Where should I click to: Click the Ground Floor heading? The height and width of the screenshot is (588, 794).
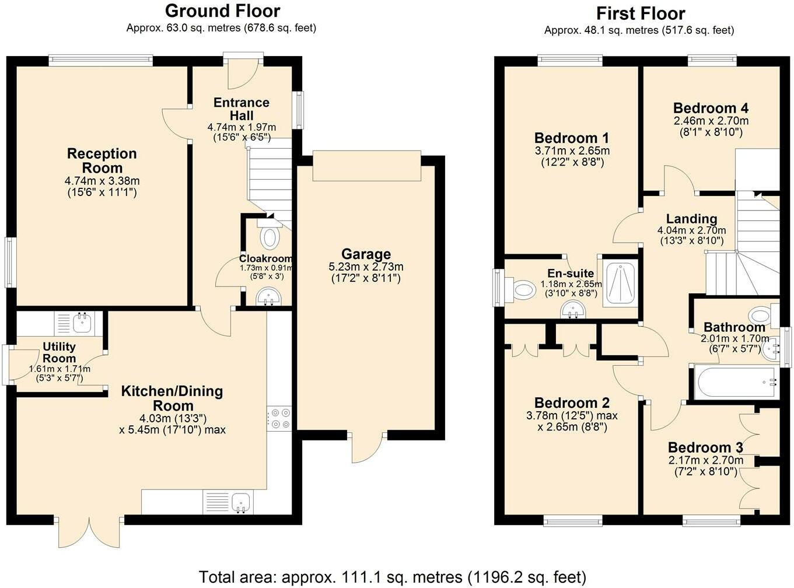coord(222,11)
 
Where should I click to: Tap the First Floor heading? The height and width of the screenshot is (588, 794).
coord(641,14)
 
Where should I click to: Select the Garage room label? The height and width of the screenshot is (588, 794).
coord(366,254)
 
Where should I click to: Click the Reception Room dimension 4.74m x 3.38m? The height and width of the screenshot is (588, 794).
coord(102,181)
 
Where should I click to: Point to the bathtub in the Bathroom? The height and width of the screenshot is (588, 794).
coord(736,381)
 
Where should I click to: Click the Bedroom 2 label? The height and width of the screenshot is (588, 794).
coord(572,403)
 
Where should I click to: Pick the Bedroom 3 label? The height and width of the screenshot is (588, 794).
coord(705,447)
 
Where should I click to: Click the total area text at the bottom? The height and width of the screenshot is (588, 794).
coord(393,577)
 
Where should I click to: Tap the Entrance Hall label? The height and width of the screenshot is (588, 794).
coord(242,109)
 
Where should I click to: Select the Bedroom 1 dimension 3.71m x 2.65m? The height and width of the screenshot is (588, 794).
coord(572,150)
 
